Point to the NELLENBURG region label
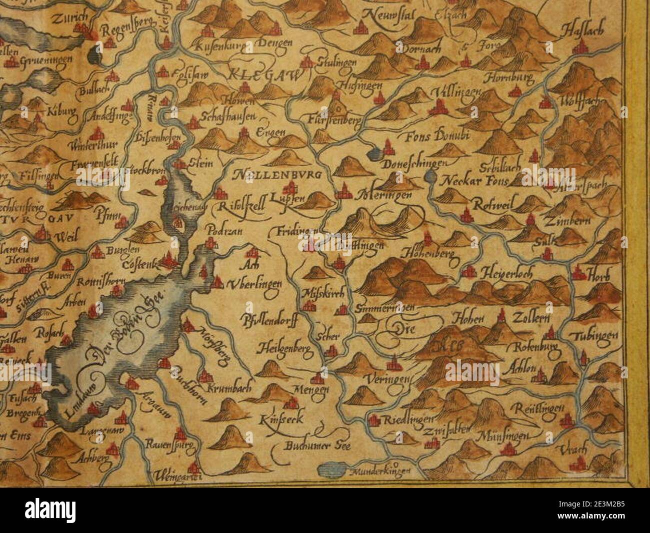tap(276, 175)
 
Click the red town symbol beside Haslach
tap(580, 48)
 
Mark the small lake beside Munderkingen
tap(332, 469)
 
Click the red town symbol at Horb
tap(578, 273)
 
